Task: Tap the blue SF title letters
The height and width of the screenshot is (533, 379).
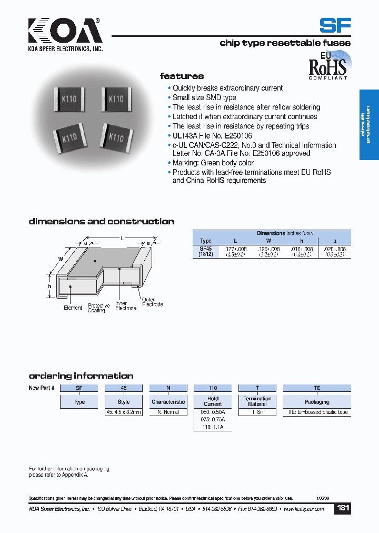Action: pyautogui.click(x=335, y=26)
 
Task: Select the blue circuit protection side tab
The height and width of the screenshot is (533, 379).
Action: pyautogui.click(x=368, y=124)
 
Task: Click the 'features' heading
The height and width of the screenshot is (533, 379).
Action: pyautogui.click(x=182, y=76)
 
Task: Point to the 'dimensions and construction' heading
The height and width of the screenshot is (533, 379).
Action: pyautogui.click(x=101, y=222)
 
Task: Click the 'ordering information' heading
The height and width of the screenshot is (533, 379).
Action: pyautogui.click(x=81, y=376)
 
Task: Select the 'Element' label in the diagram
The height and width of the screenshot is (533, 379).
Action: pyautogui.click(x=73, y=308)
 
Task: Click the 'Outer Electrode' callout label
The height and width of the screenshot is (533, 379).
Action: pyautogui.click(x=152, y=302)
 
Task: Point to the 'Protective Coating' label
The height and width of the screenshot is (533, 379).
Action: pyautogui.click(x=98, y=308)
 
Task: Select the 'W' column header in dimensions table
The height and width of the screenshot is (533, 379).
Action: pyautogui.click(x=268, y=241)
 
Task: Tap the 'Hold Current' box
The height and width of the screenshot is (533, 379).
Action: pyautogui.click(x=213, y=401)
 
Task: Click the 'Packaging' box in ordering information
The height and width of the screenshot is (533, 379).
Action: pyautogui.click(x=317, y=402)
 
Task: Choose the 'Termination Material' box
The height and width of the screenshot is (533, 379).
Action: pyautogui.click(x=257, y=401)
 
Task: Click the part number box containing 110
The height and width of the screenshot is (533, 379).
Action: pyautogui.click(x=213, y=388)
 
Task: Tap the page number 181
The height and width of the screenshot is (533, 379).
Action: pyautogui.click(x=343, y=508)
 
